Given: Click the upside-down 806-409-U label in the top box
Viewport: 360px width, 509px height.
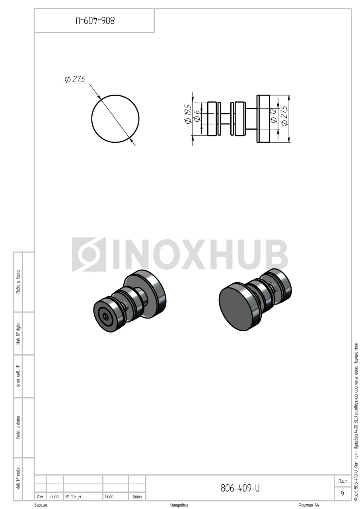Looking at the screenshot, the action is pyautogui.click(x=95, y=21).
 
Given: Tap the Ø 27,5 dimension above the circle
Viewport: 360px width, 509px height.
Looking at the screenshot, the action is pyautogui.click(x=75, y=79).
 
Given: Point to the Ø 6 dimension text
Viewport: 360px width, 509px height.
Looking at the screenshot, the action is pyautogui.click(x=197, y=115).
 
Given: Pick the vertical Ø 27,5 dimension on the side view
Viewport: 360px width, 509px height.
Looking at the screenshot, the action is pyautogui.click(x=284, y=115).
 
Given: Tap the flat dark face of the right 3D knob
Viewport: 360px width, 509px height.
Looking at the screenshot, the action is pyautogui.click(x=235, y=306).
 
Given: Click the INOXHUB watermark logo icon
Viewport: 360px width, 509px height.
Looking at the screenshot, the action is pyautogui.click(x=89, y=254).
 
